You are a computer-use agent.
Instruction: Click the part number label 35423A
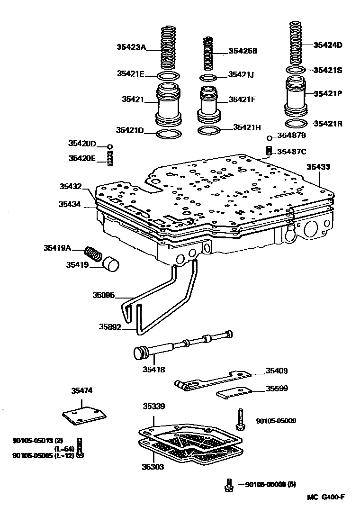(131, 47)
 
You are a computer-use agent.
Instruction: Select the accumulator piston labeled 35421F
(209, 103)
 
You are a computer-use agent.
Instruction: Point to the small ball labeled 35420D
(110, 146)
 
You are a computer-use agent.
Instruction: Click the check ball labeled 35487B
(270, 138)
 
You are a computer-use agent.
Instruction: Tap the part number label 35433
(318, 167)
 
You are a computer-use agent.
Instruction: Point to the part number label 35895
(103, 295)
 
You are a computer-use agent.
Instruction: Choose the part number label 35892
(110, 326)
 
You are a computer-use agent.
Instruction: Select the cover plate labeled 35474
(84, 415)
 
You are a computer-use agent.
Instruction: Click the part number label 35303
(153, 467)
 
